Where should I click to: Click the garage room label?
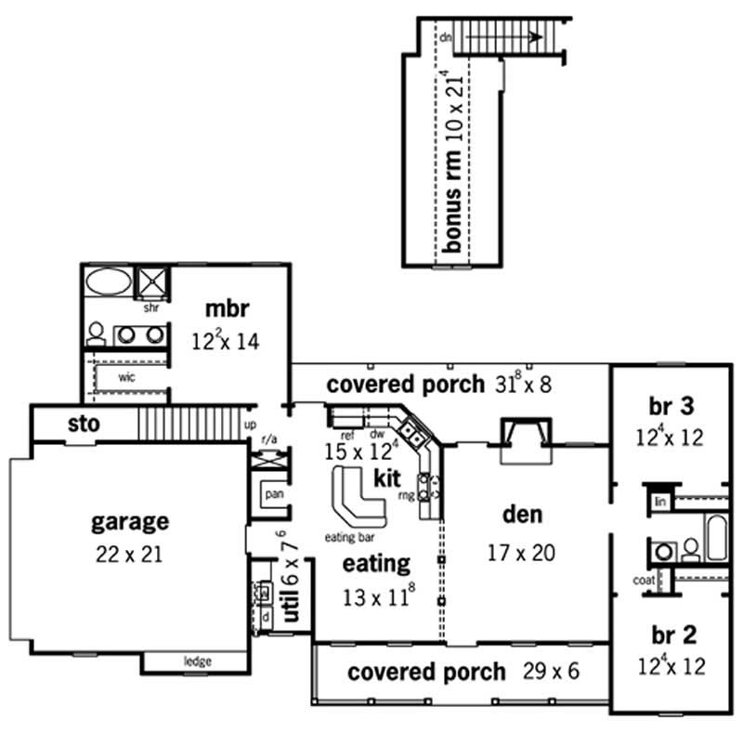(130, 520)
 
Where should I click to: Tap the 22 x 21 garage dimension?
(130, 555)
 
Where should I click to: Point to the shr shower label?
(150, 307)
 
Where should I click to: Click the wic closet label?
(127, 379)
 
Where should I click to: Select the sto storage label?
(84, 425)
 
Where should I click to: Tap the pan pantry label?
(274, 494)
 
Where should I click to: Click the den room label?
(523, 514)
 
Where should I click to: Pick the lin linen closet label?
(660, 501)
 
